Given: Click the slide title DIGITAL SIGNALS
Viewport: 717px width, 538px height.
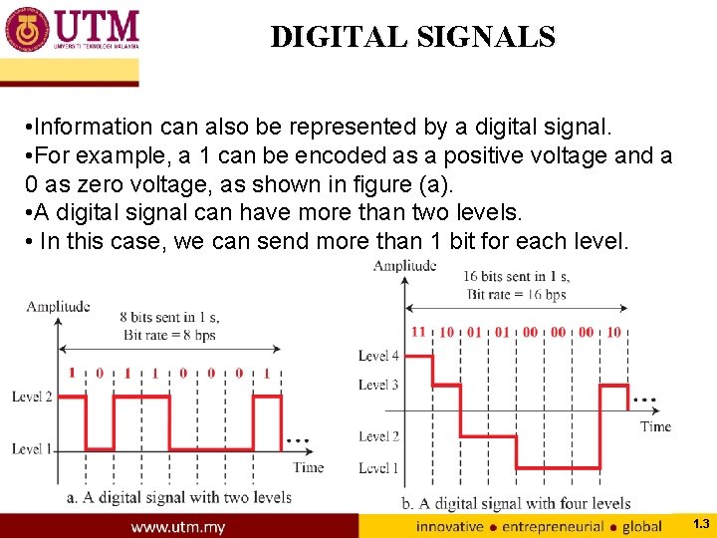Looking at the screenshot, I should (x=412, y=37).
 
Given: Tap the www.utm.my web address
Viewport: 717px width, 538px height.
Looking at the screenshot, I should (x=179, y=526).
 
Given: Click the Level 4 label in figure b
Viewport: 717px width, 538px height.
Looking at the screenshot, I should (x=379, y=356).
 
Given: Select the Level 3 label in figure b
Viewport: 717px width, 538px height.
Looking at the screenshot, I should (x=379, y=385).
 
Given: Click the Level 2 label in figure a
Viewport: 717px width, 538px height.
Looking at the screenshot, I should (x=33, y=397).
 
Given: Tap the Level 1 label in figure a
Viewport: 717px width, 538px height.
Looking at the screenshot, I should (x=33, y=449).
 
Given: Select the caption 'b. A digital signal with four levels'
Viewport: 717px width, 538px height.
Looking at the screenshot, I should (x=516, y=504).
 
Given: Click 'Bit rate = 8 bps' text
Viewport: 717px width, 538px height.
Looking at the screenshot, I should (x=170, y=334).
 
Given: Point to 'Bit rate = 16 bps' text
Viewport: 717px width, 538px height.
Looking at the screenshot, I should (x=516, y=294).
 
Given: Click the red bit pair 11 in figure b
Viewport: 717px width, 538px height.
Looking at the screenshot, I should (x=418, y=332).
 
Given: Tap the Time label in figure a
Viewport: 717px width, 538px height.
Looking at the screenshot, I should (x=309, y=466).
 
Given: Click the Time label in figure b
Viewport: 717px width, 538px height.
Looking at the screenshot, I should (x=655, y=426).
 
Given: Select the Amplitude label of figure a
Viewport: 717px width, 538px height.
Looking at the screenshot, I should (x=58, y=307).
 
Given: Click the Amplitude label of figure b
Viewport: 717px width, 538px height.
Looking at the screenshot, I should (x=404, y=265).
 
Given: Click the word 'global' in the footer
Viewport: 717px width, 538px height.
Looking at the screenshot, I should (x=641, y=526).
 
